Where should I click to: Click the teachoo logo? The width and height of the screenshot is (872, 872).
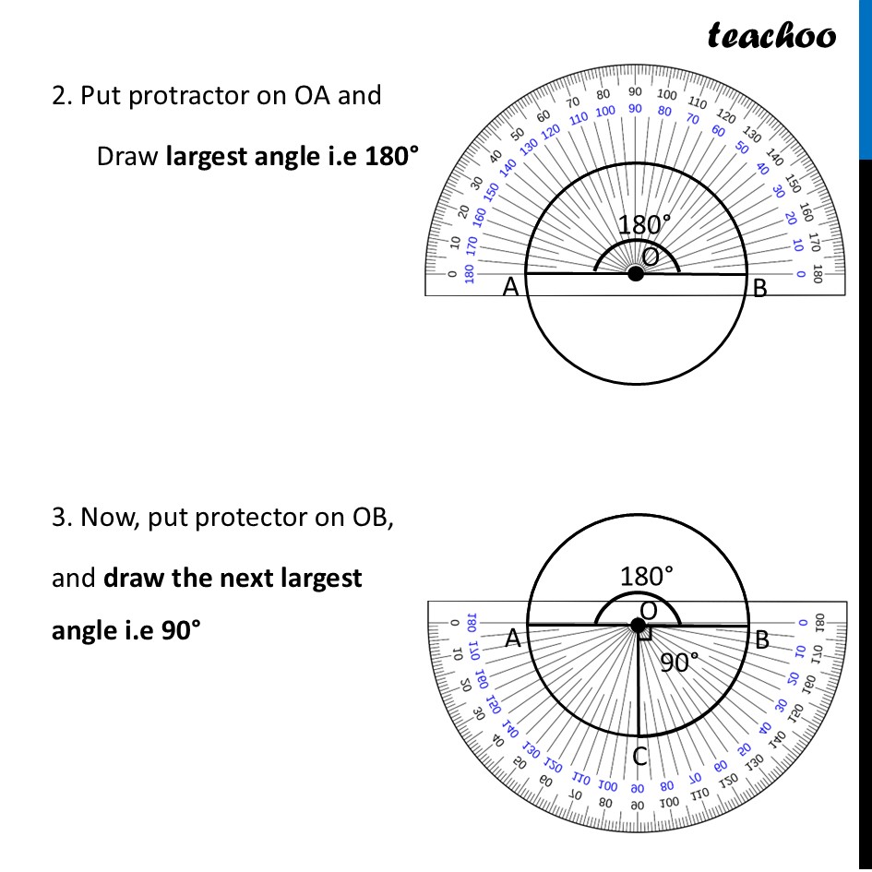pos(771,36)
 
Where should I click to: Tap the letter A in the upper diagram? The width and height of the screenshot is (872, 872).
pos(510,288)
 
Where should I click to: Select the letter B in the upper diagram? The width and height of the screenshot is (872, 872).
pos(759,289)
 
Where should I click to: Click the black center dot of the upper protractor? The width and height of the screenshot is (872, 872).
pos(636,274)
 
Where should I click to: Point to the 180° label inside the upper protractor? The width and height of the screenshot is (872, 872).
pos(644,225)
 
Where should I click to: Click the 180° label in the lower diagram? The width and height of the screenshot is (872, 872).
pos(647,577)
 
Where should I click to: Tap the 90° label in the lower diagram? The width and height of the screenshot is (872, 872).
pos(680,661)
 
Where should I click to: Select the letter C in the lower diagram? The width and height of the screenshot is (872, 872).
pos(640,757)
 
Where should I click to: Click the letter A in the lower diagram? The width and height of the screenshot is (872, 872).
pos(514,639)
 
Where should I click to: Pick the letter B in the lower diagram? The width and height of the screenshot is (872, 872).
pos(761,639)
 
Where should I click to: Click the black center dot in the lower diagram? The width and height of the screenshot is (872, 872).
pos(639,626)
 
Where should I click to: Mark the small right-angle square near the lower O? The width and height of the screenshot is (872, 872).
pos(647,634)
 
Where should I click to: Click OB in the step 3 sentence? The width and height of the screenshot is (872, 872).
pos(368,518)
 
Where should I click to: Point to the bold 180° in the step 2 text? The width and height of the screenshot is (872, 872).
pos(391,156)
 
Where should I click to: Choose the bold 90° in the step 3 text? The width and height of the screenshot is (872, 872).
pos(175,630)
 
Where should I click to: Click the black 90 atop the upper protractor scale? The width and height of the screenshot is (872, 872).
pos(636,91)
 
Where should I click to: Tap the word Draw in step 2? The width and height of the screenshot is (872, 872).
pos(127,156)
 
